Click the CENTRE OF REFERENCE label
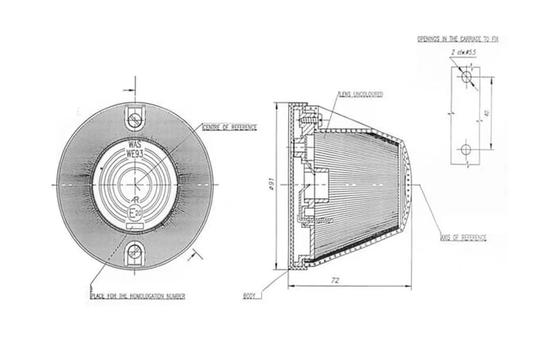(x=229, y=127)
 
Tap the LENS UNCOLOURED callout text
(x=361, y=94)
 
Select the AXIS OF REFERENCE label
(x=463, y=238)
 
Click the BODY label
(x=249, y=296)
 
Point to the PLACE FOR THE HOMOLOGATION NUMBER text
(x=138, y=296)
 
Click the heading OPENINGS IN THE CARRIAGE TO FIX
(x=458, y=39)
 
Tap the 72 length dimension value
(x=335, y=280)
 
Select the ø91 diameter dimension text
(x=271, y=186)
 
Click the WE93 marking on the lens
(x=135, y=154)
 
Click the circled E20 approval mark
(x=135, y=214)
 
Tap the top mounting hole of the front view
(x=135, y=118)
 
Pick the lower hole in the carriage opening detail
(x=466, y=149)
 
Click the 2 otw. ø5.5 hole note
(x=463, y=52)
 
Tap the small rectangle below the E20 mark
(x=135, y=226)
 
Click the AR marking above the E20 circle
(x=136, y=200)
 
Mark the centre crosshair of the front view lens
(x=135, y=185)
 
